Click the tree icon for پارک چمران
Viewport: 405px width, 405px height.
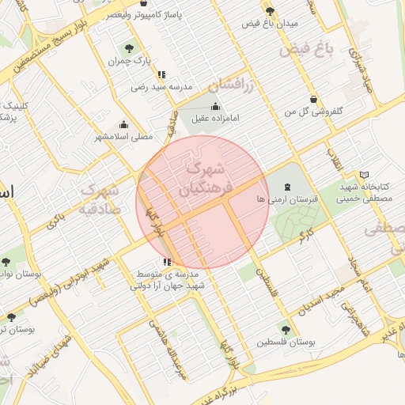130,49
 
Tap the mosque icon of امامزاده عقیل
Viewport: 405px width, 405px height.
216,107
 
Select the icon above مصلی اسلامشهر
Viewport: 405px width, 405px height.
123,124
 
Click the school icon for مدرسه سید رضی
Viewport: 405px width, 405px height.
161,74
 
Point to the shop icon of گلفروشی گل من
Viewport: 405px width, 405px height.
314,100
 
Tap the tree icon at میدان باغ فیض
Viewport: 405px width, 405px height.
271,11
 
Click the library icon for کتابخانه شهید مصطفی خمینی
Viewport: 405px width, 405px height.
364,175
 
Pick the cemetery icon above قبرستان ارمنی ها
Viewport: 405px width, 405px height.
286,187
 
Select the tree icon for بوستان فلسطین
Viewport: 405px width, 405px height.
286,330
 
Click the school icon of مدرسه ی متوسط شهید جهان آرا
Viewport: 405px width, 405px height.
166,262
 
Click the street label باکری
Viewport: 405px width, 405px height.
55,221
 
